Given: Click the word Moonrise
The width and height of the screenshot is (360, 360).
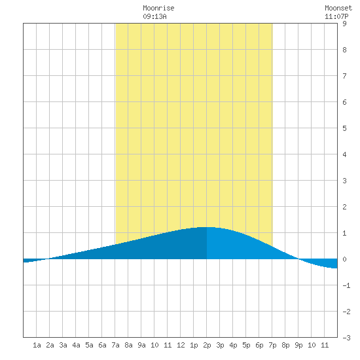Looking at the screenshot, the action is tap(158, 8).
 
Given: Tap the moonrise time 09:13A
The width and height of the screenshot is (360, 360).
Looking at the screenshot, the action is tap(154, 16).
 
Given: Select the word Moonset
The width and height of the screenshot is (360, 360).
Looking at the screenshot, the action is tap(338, 8).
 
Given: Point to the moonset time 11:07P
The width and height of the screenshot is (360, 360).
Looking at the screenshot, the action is tap(336, 16).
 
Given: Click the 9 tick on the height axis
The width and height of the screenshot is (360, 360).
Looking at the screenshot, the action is tap(344, 24).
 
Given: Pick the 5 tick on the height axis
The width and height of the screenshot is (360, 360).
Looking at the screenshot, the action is tap(344, 128).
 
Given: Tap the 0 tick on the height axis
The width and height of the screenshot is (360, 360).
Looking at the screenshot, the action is tap(344, 259).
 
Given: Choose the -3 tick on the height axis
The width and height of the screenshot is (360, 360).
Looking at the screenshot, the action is tap(346, 338).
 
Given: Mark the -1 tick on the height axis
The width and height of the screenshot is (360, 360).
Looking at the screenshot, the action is tap(346, 285).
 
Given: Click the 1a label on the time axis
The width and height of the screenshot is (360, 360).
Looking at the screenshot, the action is tap(37, 345).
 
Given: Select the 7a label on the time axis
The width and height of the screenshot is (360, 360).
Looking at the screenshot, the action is tap(115, 345).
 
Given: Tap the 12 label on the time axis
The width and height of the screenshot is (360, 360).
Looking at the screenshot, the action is tap(181, 345).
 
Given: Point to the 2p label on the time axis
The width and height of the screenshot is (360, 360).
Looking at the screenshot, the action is tap(207, 345).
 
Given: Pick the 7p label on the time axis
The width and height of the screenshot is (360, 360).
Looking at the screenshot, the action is tap(272, 345).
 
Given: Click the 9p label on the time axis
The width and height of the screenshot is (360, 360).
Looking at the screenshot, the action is tap(298, 345).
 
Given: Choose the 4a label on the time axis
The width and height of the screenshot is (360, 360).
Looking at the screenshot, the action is tap(76, 345).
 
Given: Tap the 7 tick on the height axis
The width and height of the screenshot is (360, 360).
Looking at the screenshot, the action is tap(344, 76).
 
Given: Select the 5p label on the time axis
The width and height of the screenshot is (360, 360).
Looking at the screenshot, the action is tap(246, 345).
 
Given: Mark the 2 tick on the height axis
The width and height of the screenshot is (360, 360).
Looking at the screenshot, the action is tap(344, 207).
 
